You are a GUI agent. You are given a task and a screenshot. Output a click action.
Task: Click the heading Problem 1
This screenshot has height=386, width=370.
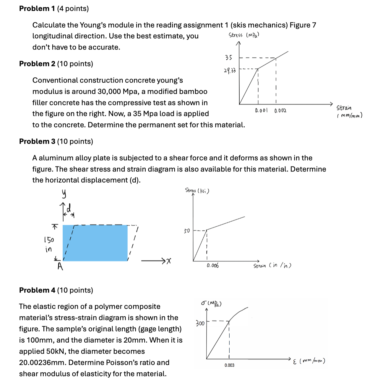tap(37, 9)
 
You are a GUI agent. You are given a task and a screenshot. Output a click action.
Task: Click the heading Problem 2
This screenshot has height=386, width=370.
tap(37, 64)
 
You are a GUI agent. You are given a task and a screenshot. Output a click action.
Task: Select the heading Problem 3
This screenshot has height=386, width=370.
tap(37, 141)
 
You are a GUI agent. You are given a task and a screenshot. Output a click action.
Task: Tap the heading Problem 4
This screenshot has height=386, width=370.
tap(37, 290)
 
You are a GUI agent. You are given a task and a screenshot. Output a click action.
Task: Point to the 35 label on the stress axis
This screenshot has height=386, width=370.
tap(229, 58)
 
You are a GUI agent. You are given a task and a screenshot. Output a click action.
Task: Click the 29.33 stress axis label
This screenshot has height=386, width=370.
tap(230, 71)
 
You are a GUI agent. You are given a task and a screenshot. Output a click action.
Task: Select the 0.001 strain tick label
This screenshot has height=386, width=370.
tap(261, 111)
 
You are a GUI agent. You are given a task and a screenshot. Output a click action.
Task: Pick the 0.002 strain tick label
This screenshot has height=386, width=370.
tap(280, 111)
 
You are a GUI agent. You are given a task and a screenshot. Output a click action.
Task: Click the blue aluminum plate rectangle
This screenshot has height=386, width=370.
tap(95, 243)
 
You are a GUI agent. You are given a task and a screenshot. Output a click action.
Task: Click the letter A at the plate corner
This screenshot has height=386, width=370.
tap(60, 267)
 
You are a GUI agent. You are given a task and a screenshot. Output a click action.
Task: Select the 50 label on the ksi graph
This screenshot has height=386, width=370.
tap(187, 231)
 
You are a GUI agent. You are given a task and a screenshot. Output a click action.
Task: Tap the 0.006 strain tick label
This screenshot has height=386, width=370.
tap(213, 266)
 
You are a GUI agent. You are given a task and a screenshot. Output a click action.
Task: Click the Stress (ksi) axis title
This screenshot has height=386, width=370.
tap(197, 191)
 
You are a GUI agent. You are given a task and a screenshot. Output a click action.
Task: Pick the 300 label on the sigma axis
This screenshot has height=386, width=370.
tap(200, 323)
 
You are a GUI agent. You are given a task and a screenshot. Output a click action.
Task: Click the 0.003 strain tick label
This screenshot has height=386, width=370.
tap(229, 365)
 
